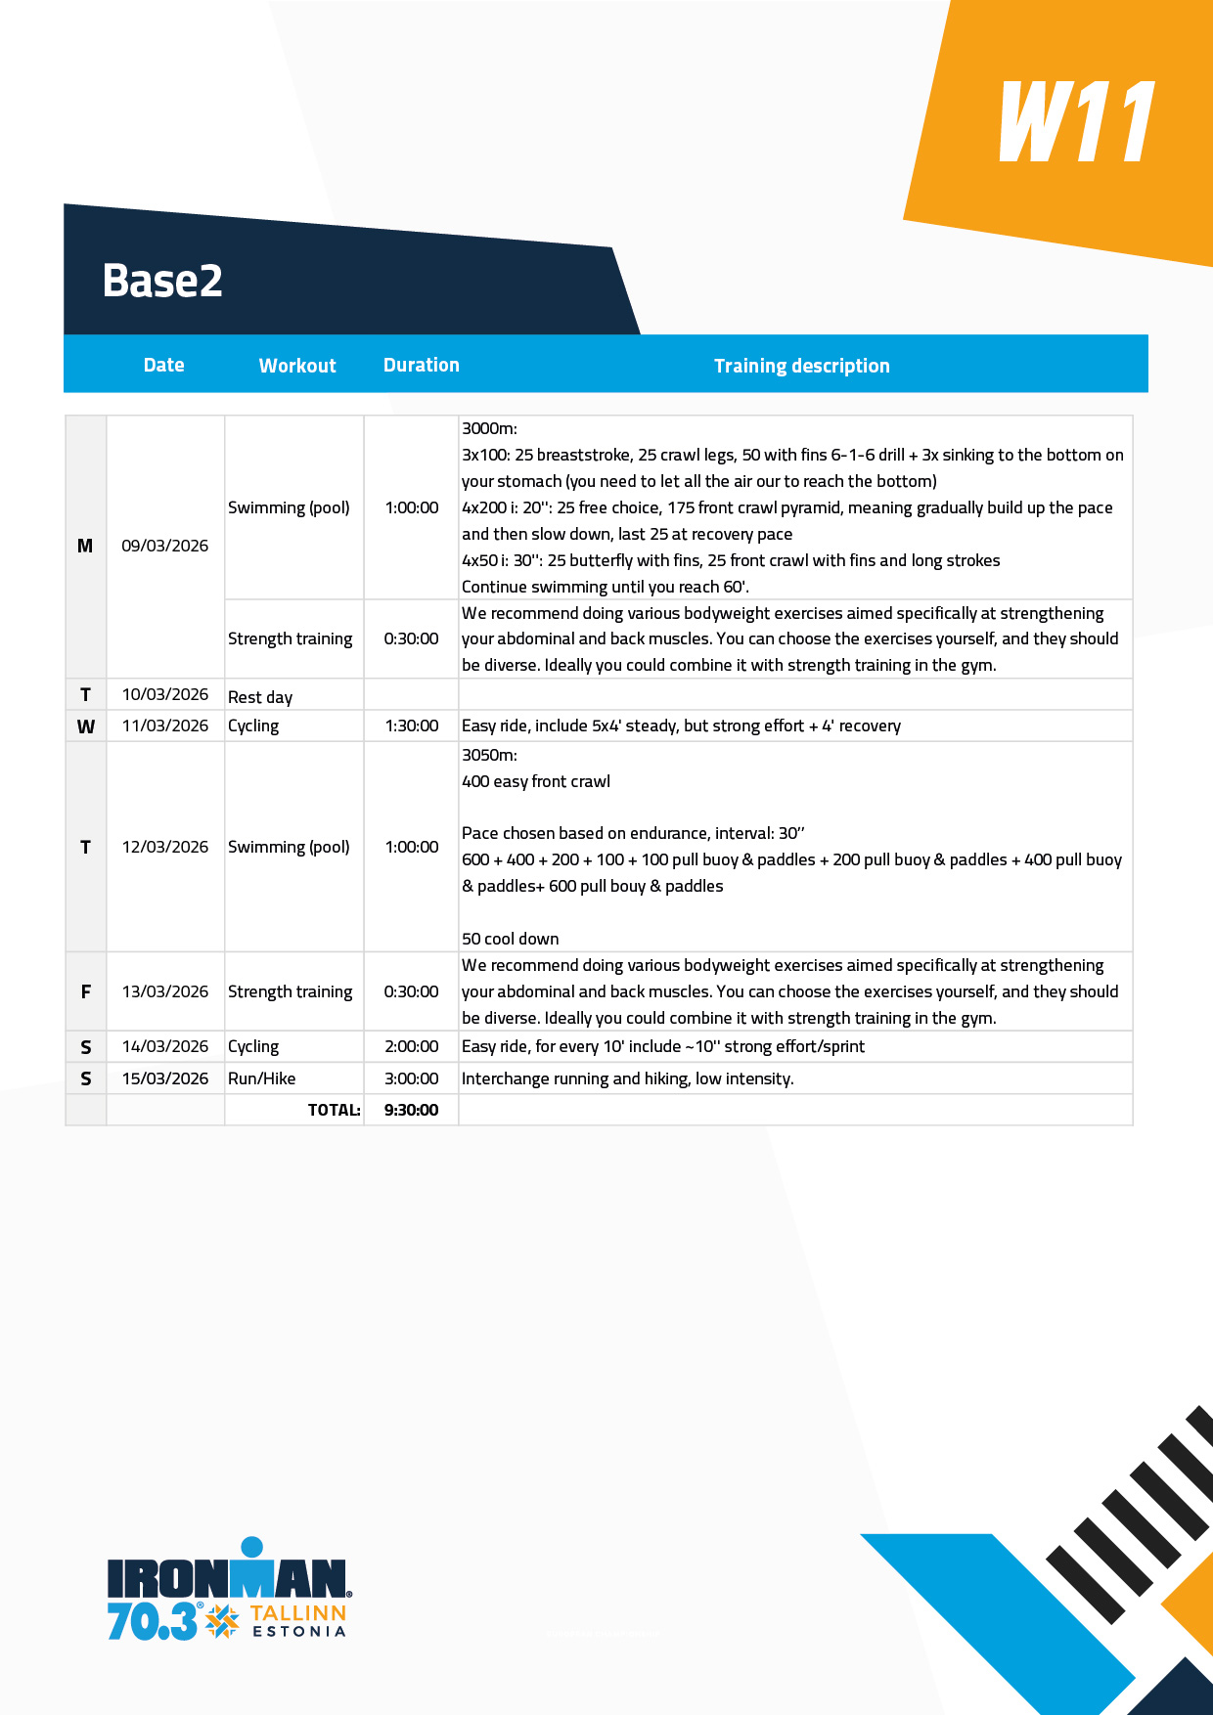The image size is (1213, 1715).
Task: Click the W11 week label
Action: click(1077, 123)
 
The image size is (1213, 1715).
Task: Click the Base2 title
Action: click(162, 281)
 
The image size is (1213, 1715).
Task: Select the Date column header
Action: click(163, 365)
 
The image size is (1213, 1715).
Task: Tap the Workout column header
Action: click(297, 366)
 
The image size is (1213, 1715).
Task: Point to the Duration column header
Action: click(421, 365)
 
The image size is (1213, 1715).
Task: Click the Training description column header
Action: click(801, 366)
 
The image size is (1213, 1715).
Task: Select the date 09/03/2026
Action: click(164, 546)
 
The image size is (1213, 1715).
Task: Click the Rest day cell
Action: click(260, 697)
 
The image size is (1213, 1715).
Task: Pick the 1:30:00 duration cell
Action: click(411, 726)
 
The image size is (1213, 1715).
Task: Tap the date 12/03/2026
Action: click(164, 847)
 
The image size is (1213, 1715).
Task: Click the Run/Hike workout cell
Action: click(261, 1078)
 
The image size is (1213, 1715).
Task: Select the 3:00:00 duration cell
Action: click(411, 1078)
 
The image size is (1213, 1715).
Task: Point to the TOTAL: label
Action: click(334, 1110)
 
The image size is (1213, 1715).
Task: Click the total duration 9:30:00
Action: click(411, 1110)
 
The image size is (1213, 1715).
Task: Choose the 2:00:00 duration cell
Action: click(411, 1046)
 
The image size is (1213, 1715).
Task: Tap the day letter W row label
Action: click(86, 726)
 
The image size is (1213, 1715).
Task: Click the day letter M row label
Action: click(85, 546)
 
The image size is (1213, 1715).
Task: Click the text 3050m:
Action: click(489, 755)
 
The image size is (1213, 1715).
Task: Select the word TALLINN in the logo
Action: click(297, 1613)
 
